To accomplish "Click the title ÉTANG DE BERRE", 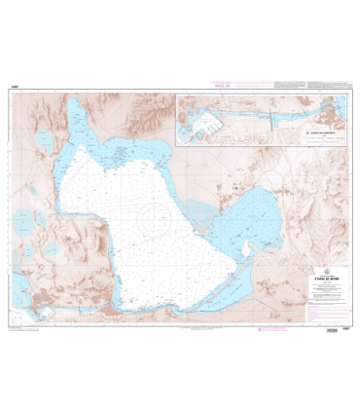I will [302, 274].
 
